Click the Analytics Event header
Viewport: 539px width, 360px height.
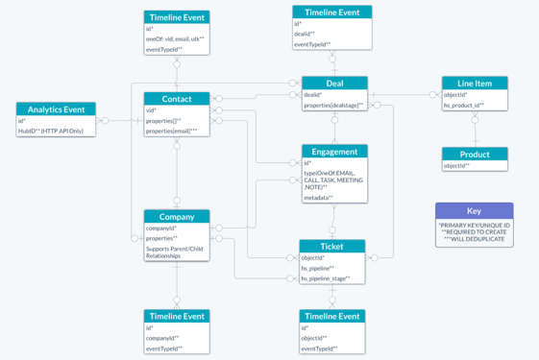[x=56, y=109]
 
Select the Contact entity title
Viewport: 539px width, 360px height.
[x=177, y=99]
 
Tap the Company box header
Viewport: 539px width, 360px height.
[x=177, y=217]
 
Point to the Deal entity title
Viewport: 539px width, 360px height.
[x=334, y=84]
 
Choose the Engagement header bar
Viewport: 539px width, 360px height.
[x=334, y=152]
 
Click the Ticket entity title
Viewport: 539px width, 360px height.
[x=332, y=247]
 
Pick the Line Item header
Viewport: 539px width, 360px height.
[x=475, y=84]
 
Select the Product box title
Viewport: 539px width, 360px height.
[x=475, y=155]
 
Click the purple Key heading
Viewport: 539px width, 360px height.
[x=474, y=211]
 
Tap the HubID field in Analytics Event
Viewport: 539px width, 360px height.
[x=51, y=131]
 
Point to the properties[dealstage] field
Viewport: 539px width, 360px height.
[x=333, y=106]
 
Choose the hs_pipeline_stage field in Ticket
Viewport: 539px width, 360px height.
[x=326, y=278]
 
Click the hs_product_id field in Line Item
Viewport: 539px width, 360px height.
[x=463, y=106]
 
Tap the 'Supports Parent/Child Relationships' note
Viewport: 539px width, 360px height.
[x=174, y=252]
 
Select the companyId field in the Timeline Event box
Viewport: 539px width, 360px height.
[x=161, y=338]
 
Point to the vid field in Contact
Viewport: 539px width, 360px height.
[x=151, y=110]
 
